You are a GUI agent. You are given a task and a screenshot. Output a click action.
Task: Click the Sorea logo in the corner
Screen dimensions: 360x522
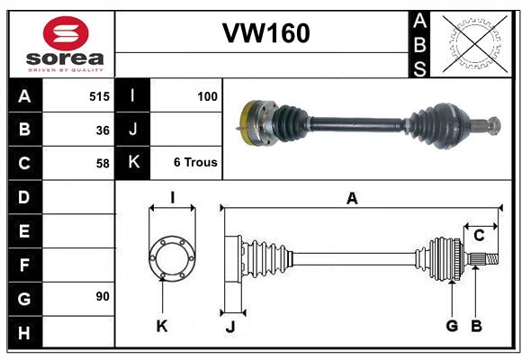click(x=66, y=44)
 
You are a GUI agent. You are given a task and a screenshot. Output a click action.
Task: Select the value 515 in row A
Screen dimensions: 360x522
click(x=99, y=95)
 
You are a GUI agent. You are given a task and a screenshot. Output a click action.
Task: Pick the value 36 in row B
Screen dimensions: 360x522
click(x=103, y=130)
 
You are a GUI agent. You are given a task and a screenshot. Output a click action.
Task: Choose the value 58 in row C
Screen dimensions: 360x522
click(x=103, y=164)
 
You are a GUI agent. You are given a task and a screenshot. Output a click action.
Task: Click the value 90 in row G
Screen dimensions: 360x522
click(x=103, y=296)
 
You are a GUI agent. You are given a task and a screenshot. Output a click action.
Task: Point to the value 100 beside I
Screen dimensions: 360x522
click(x=207, y=95)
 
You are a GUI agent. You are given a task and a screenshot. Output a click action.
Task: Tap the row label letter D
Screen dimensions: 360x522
click(x=24, y=196)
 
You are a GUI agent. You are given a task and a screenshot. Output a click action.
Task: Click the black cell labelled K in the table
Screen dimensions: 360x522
click(x=133, y=163)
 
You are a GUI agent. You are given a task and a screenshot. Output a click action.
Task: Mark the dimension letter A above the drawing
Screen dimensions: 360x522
click(x=352, y=199)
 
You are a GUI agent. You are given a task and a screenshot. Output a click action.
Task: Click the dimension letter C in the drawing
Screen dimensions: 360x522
click(x=479, y=236)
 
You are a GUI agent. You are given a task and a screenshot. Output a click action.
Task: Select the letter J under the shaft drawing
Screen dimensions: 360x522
click(x=229, y=327)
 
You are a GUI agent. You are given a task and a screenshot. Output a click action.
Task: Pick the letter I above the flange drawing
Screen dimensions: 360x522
click(x=171, y=197)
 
